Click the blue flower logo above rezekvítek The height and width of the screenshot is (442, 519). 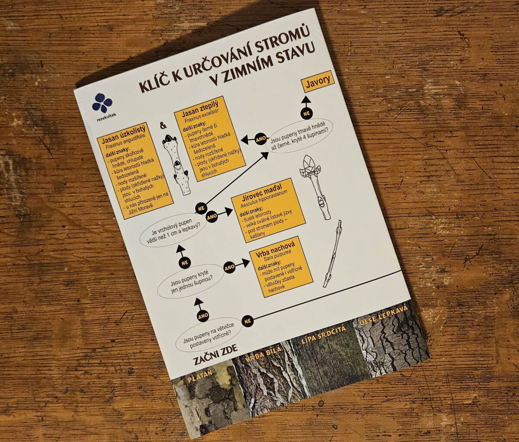(102, 102)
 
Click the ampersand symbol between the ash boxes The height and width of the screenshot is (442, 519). (163, 125)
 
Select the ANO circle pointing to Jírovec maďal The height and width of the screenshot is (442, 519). (211, 217)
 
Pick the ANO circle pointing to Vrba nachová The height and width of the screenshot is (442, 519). (230, 268)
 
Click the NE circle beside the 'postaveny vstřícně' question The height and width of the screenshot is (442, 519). (247, 321)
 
